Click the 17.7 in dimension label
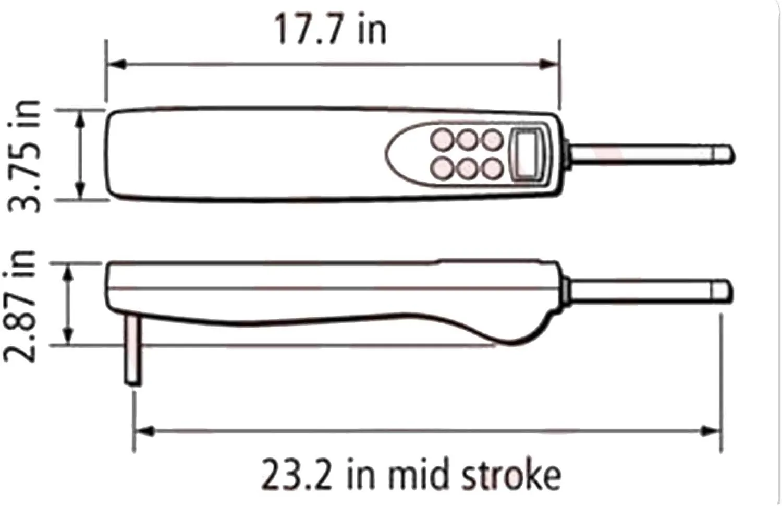pos(329,30)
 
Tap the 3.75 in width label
pos(25,155)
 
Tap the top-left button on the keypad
pos(442,140)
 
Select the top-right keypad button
pos(492,140)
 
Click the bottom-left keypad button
pos(442,167)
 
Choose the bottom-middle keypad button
pos(467,168)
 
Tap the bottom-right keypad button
pos(492,168)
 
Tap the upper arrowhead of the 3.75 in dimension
pos(80,120)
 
